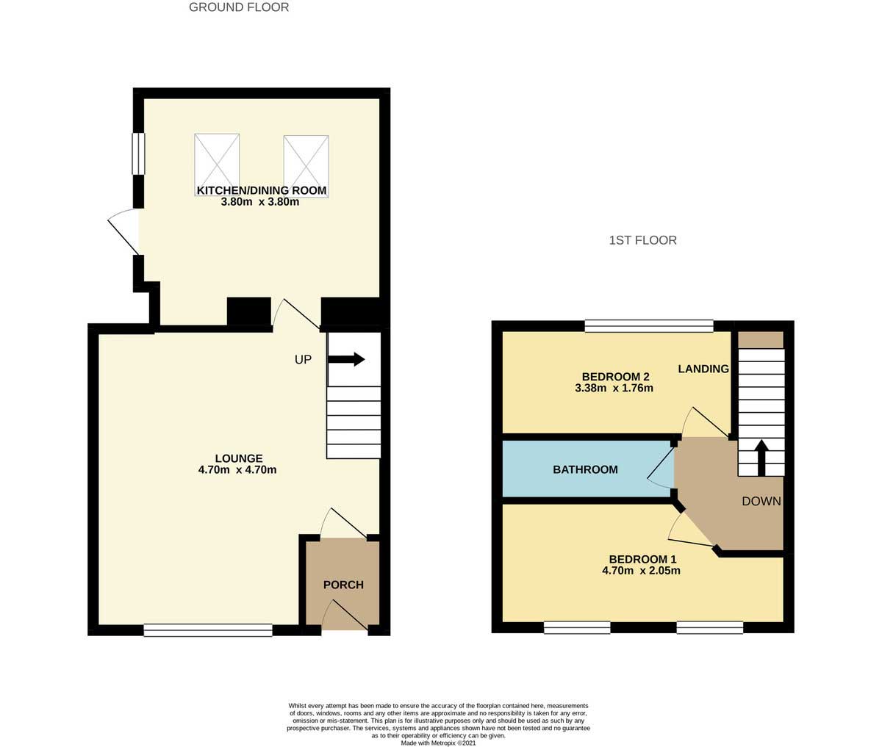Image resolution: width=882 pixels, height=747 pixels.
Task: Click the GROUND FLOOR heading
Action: click(x=239, y=7)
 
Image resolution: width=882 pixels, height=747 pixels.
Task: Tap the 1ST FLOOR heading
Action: click(x=642, y=240)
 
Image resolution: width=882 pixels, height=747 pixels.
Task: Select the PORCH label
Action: click(x=343, y=585)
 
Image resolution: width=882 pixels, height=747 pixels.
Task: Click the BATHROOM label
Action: click(x=585, y=469)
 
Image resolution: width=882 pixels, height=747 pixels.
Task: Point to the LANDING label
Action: click(x=703, y=369)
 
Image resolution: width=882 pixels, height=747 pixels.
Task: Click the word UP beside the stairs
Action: click(x=303, y=360)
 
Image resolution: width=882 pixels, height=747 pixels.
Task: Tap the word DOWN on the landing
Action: click(x=761, y=501)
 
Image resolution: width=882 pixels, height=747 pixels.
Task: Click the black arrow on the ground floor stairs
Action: click(x=346, y=359)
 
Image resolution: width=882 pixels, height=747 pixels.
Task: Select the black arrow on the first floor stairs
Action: click(x=761, y=458)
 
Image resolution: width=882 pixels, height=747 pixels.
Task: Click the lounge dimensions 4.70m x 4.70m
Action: click(x=237, y=470)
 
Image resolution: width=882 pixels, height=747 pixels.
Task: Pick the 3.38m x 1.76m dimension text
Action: click(x=614, y=388)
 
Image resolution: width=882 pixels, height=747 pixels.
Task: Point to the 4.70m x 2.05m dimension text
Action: click(x=641, y=571)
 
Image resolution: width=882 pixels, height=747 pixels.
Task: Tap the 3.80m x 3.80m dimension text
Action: click(x=260, y=202)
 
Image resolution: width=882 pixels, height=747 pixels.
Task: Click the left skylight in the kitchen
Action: click(x=217, y=165)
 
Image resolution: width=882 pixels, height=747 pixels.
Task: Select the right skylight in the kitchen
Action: click(x=306, y=166)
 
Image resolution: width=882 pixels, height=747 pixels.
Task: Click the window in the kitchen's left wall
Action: click(x=138, y=154)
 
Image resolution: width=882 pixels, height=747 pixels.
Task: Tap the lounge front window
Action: click(x=208, y=630)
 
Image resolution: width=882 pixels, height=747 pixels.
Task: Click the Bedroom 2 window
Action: click(x=648, y=326)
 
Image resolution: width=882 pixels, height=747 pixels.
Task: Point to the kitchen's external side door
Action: click(x=123, y=231)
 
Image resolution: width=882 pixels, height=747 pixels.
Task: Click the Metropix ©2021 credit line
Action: click(x=438, y=743)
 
